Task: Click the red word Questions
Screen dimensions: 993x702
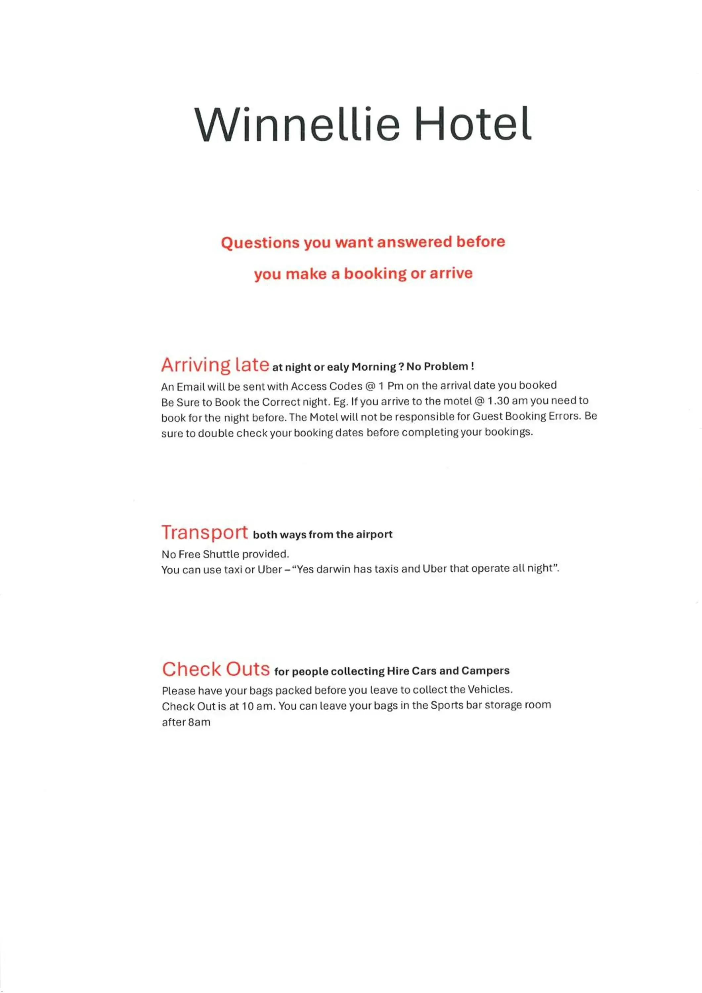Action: click(x=259, y=243)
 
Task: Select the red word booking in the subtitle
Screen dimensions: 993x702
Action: click(x=375, y=274)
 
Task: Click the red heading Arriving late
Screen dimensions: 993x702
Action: click(x=215, y=365)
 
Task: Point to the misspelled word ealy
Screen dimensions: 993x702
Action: click(x=337, y=367)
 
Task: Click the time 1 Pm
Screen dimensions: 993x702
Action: click(x=390, y=386)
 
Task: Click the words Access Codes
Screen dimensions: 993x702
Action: click(x=327, y=386)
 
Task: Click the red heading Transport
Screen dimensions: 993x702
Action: click(x=204, y=532)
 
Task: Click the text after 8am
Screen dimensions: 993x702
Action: click(x=186, y=722)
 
